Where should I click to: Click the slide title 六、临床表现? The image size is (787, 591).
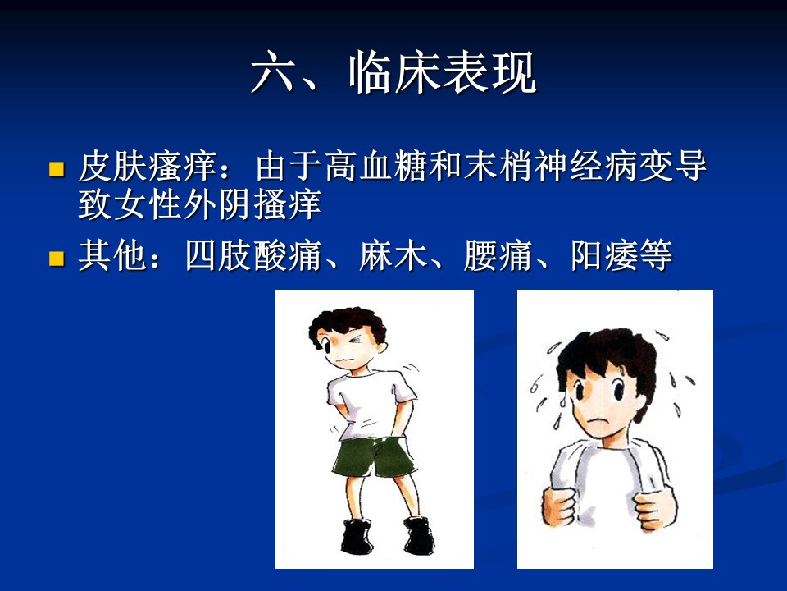coord(394,73)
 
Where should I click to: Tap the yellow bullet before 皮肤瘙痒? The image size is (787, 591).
coord(57,169)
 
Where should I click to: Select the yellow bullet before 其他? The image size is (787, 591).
coord(57,259)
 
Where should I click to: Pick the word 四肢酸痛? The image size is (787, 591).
coord(253,256)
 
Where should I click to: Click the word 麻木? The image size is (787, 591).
coord(393,256)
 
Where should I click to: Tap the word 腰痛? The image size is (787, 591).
coord(498,256)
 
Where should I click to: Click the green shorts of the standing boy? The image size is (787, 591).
coord(374,456)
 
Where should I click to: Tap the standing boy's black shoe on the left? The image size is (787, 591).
coord(357,536)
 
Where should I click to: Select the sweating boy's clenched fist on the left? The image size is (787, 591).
coord(558,506)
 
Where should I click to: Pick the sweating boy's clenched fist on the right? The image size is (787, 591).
coord(654,509)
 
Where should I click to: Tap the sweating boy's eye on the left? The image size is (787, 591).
coord(579,390)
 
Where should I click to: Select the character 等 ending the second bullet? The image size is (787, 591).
coord(656,256)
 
